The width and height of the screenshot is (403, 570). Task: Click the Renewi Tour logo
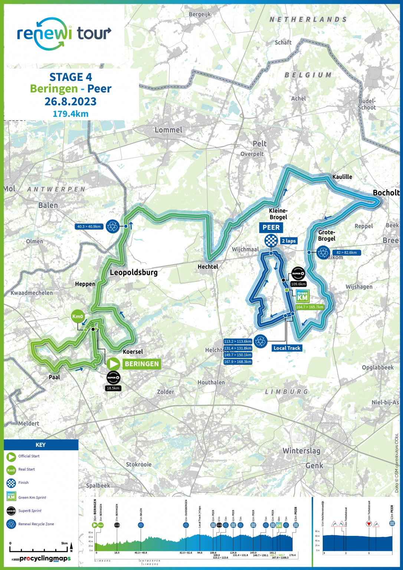coord(64,34)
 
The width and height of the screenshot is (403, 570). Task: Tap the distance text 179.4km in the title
coord(71,114)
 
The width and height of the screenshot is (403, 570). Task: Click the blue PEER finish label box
coord(271,227)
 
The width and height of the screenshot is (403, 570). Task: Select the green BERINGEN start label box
coord(141,364)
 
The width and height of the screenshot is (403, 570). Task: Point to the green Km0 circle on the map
coord(78,317)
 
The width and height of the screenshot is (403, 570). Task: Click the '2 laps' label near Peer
coord(289,241)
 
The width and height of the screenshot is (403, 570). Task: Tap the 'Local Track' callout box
coord(286,348)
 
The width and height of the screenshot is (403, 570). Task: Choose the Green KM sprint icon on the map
coord(302,296)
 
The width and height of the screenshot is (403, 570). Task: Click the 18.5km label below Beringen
coord(113,388)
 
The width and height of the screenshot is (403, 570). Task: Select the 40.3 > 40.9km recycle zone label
coord(89,226)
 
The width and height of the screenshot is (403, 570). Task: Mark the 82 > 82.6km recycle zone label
coord(346,253)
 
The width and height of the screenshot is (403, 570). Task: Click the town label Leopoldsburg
coord(134,272)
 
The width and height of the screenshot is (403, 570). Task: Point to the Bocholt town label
coord(386,193)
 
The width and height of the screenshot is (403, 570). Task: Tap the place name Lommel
coord(168,130)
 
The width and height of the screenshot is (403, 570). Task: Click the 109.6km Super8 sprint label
coord(298,284)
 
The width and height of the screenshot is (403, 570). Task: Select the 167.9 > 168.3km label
coord(237,362)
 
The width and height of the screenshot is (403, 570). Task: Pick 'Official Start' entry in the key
coord(29,456)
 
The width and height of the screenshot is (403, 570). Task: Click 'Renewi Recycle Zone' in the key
coord(36,524)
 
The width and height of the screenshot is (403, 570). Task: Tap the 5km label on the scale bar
coord(64,543)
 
